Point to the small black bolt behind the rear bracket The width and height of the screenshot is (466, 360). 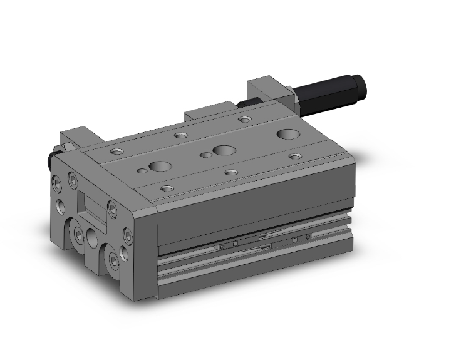pyautogui.click(x=247, y=103)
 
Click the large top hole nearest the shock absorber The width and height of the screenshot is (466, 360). pyautogui.click(x=289, y=133)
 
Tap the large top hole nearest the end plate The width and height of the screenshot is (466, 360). pyautogui.click(x=161, y=167)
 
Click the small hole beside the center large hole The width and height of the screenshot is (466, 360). pyautogui.click(x=204, y=154)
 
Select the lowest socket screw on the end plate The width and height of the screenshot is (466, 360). pyautogui.click(x=113, y=260)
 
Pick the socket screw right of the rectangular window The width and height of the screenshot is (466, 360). pyautogui.click(x=112, y=207)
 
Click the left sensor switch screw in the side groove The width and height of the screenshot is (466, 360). pyautogui.click(x=223, y=249)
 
